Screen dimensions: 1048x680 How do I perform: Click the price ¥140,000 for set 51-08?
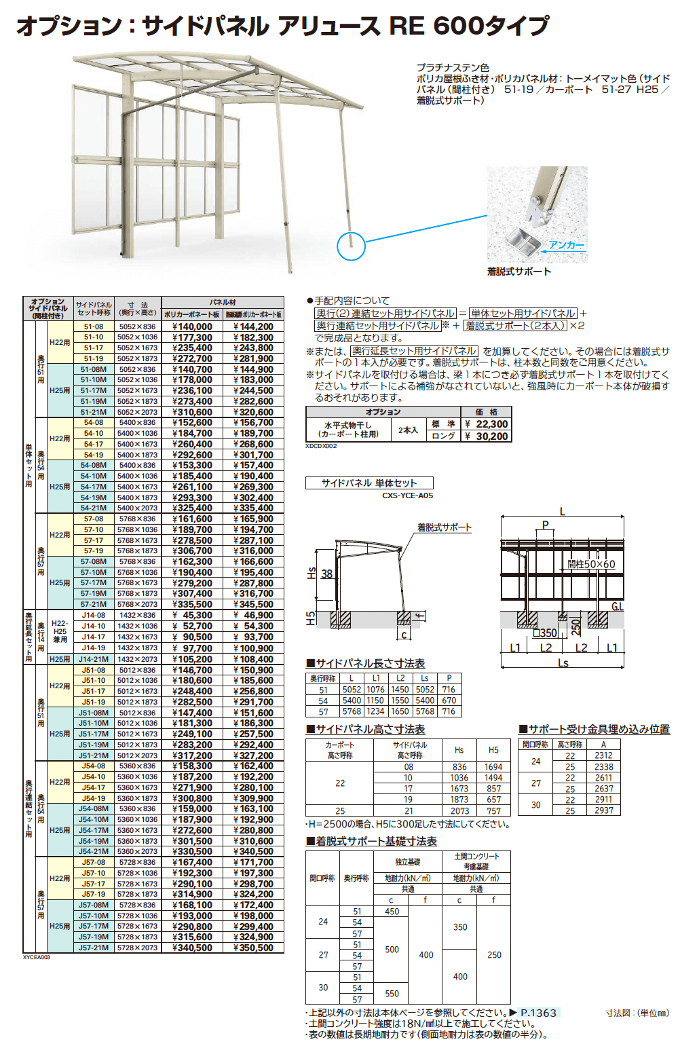click(x=192, y=326)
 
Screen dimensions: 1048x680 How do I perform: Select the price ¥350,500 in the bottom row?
click(x=254, y=948)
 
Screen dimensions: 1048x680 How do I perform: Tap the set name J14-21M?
click(x=94, y=659)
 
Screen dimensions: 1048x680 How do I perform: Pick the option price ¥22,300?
click(x=487, y=424)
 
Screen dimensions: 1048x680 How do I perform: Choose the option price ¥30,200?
click(x=487, y=436)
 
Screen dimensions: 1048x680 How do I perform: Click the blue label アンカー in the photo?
click(x=566, y=245)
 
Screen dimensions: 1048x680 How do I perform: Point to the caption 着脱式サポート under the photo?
click(x=519, y=272)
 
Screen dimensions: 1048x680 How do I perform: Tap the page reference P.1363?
click(x=538, y=1013)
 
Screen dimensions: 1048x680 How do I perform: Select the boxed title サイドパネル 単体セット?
click(x=369, y=483)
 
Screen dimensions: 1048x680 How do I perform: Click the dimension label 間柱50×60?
click(x=591, y=564)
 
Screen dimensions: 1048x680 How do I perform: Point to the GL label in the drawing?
click(x=617, y=606)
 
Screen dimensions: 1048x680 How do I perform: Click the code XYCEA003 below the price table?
click(x=37, y=957)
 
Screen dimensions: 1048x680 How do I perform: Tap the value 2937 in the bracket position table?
click(x=603, y=810)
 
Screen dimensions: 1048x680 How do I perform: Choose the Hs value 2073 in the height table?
click(x=459, y=810)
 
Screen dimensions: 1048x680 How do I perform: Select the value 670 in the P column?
click(x=449, y=700)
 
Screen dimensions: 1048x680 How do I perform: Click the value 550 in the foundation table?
click(x=392, y=994)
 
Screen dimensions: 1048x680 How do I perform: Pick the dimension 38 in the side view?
click(x=326, y=574)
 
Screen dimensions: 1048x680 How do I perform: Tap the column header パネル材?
click(x=223, y=302)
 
